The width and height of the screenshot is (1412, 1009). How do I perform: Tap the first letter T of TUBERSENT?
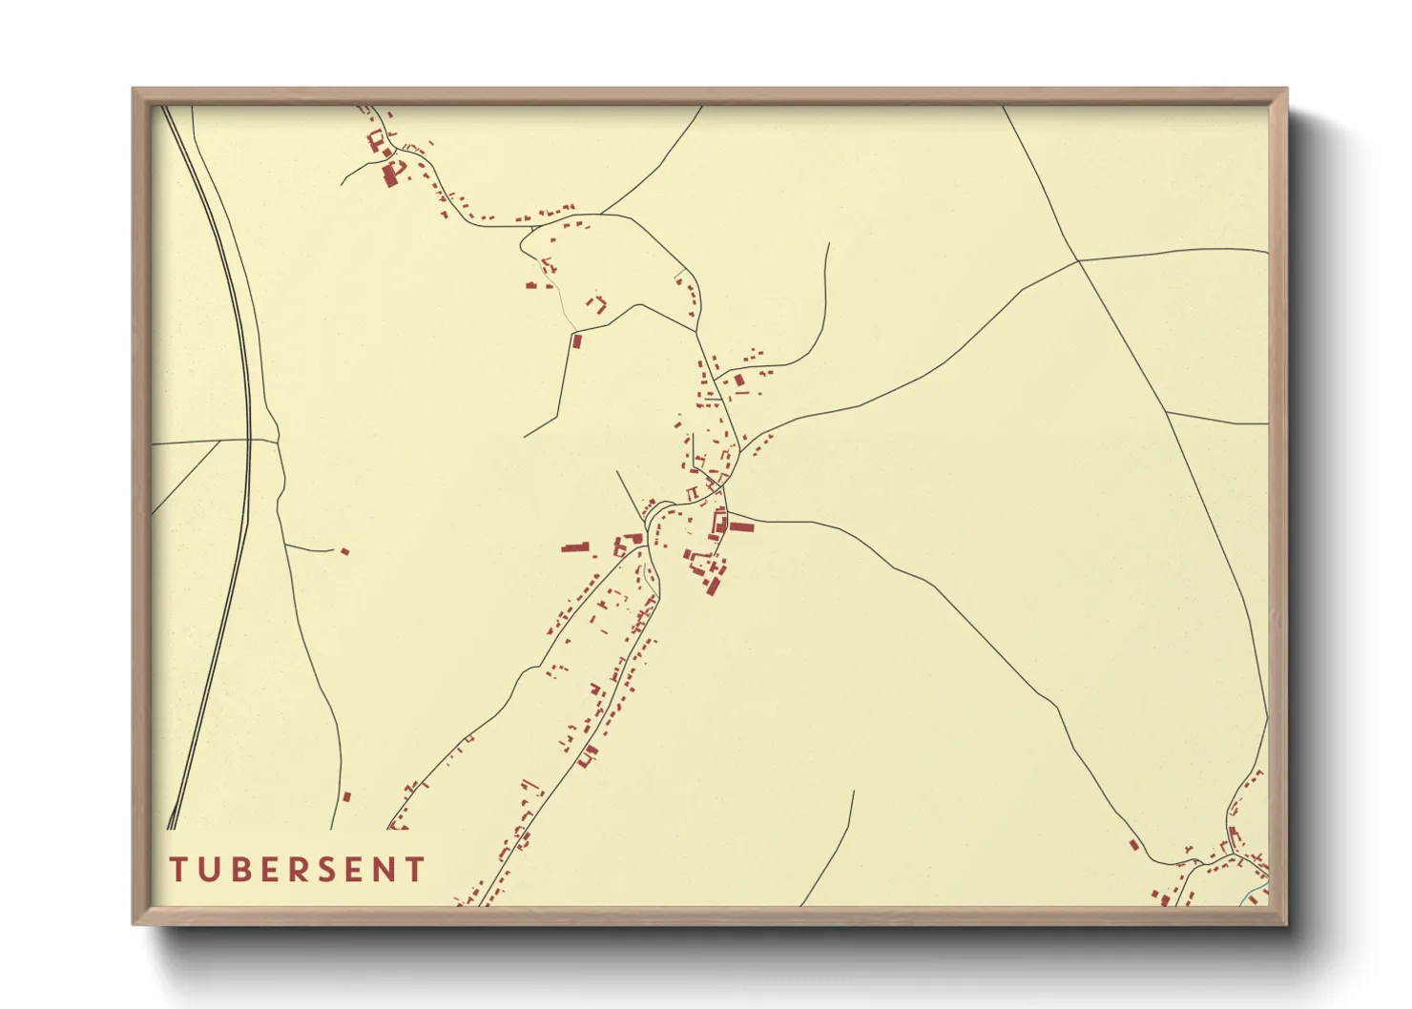tap(178, 870)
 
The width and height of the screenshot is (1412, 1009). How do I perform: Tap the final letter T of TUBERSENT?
tap(415, 870)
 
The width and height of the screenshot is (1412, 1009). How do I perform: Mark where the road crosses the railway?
tap(249, 441)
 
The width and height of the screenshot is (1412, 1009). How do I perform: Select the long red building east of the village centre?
tap(741, 526)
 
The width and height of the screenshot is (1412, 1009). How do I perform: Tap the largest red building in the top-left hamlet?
tap(389, 175)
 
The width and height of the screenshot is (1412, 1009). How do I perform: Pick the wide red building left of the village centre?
tap(574, 548)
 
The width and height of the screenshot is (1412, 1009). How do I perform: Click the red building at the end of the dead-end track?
tap(575, 340)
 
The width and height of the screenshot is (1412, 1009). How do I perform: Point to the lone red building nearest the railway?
tap(345, 551)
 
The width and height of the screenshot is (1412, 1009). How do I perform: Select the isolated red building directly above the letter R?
tap(346, 795)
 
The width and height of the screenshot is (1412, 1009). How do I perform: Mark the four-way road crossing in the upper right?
tap(1079, 260)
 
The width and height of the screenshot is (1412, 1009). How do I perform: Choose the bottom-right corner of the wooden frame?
tap(1285, 923)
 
